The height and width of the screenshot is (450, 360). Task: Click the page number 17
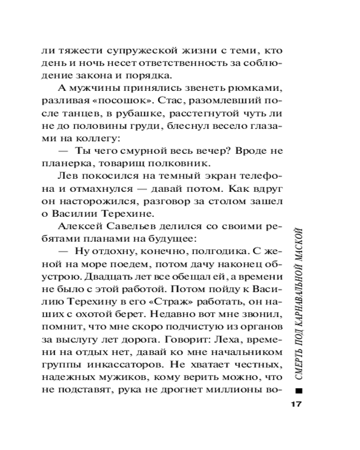[295, 403]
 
